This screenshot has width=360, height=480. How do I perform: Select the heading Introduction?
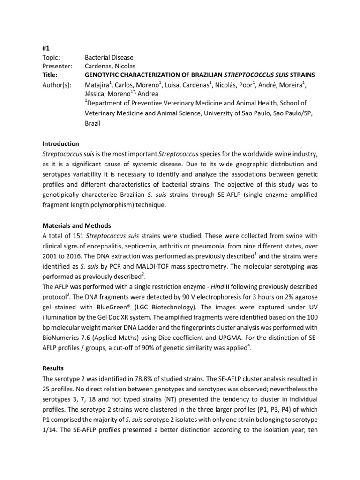(x=60, y=143)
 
